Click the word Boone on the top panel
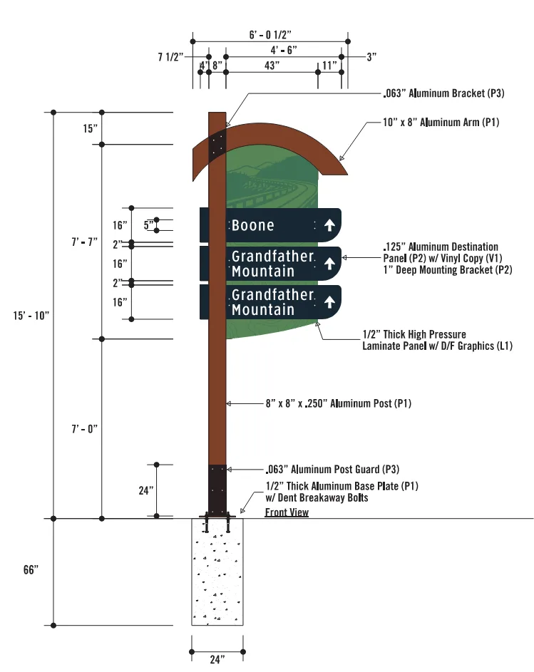[x=252, y=225]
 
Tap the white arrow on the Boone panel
[x=329, y=225]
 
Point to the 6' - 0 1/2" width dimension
[x=272, y=34]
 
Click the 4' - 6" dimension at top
[x=283, y=50]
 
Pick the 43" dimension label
[x=272, y=65]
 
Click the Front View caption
[x=287, y=512]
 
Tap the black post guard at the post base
[x=217, y=488]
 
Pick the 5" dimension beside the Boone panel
[x=148, y=225]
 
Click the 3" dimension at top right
[x=371, y=56]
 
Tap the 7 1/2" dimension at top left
[x=171, y=56]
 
